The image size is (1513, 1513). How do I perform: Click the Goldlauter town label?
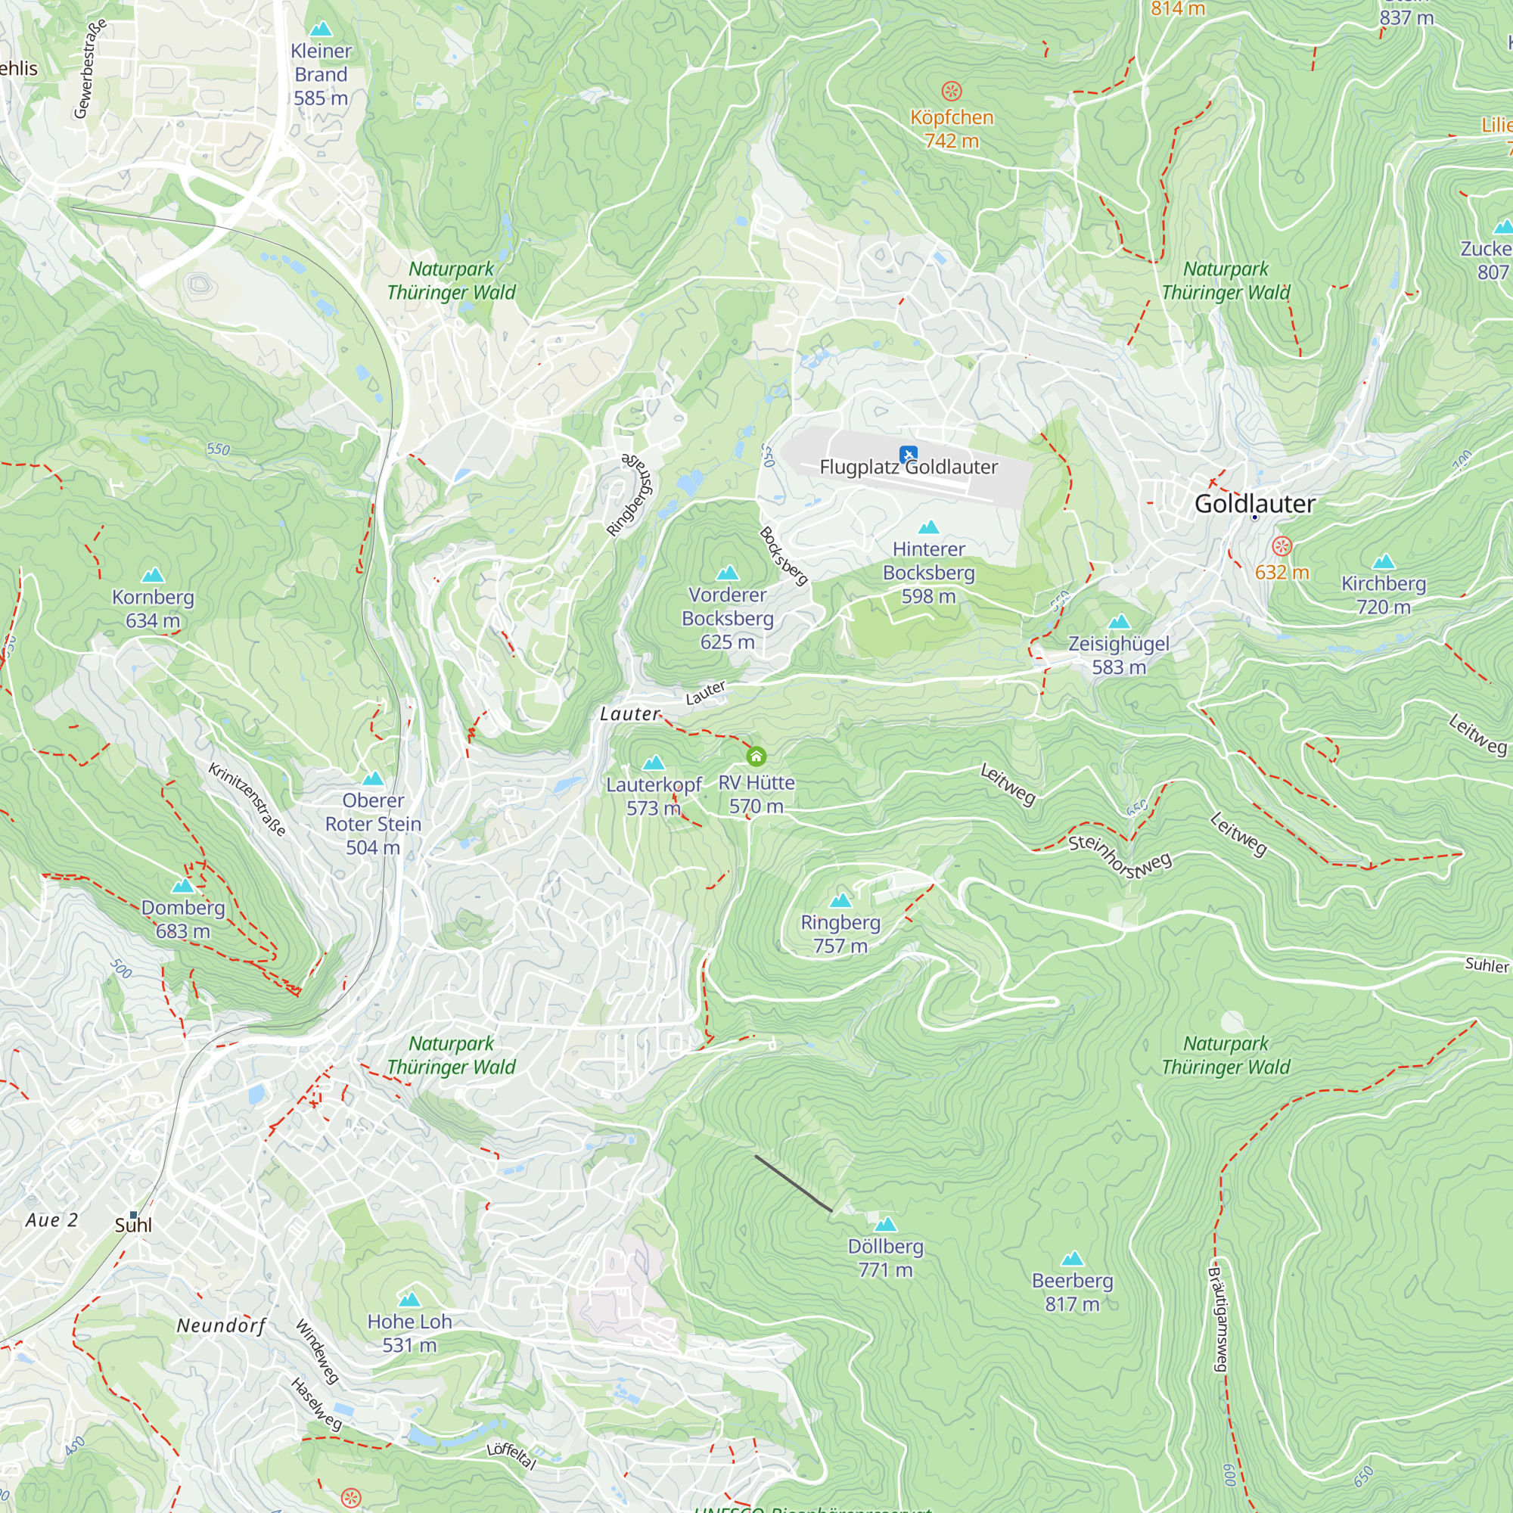tap(1254, 504)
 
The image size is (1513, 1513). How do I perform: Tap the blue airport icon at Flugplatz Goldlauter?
tap(909, 454)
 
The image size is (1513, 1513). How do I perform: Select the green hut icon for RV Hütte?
tap(756, 756)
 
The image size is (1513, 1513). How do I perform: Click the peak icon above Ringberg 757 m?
tap(840, 899)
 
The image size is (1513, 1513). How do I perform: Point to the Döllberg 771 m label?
tap(886, 1258)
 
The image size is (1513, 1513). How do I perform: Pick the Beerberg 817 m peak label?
tap(1072, 1292)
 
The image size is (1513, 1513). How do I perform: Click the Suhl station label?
tap(133, 1225)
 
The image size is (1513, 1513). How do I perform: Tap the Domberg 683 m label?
tap(182, 919)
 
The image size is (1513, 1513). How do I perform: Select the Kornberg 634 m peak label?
tap(153, 608)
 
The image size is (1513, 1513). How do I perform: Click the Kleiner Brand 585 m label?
tap(321, 74)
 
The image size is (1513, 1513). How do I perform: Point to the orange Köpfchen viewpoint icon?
tap(952, 92)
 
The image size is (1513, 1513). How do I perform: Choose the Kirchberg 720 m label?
tap(1383, 595)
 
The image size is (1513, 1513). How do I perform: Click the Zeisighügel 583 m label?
tap(1118, 655)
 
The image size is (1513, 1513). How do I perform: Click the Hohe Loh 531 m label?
tap(409, 1333)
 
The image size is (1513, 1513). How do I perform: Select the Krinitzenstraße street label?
tap(247, 799)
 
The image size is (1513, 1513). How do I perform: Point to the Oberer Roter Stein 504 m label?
tap(373, 824)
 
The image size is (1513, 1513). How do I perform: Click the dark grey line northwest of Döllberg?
tap(793, 1182)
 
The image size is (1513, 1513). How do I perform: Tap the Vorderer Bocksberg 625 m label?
tap(728, 619)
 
